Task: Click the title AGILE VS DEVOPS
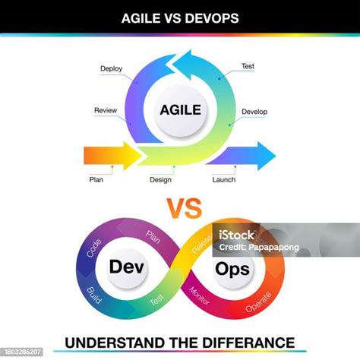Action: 180,16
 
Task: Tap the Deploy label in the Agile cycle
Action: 111,68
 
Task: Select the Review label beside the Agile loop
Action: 105,110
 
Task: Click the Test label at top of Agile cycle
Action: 248,66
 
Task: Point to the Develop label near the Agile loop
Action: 254,112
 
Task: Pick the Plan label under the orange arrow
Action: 96,180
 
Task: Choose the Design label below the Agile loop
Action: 160,180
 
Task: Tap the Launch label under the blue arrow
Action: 223,180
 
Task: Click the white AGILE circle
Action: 180,110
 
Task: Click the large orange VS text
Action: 180,207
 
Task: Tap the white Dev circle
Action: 126,267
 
